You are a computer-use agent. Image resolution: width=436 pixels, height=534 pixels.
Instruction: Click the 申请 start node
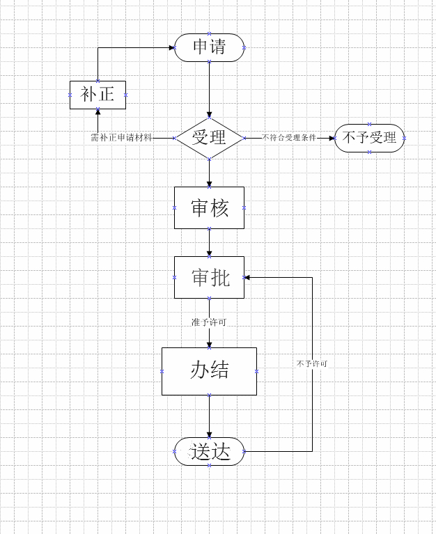pyautogui.click(x=209, y=47)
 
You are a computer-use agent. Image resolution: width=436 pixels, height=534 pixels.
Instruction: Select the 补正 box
pyautogui.click(x=98, y=95)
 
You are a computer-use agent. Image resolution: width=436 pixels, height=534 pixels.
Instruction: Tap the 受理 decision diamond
pyautogui.click(x=209, y=138)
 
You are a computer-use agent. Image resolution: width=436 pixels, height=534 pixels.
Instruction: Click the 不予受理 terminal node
pyautogui.click(x=370, y=138)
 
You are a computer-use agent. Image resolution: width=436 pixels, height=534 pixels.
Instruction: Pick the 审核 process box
pyautogui.click(x=209, y=207)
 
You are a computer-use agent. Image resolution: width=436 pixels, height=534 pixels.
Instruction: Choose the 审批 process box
pyautogui.click(x=209, y=278)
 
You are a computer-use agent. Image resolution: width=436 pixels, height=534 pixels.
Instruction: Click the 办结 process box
pyautogui.click(x=209, y=371)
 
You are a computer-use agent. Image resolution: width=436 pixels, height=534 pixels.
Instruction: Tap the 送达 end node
pyautogui.click(x=209, y=452)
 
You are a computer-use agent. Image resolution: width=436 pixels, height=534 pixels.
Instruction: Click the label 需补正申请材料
pyautogui.click(x=121, y=138)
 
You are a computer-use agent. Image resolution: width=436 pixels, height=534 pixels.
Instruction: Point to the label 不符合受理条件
pyautogui.click(x=289, y=138)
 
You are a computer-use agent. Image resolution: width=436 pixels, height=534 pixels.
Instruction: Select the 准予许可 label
pyautogui.click(x=209, y=322)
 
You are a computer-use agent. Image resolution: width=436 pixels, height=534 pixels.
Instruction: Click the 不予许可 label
pyautogui.click(x=312, y=363)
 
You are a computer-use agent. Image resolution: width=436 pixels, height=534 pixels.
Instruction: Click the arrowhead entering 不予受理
pyautogui.click(x=332, y=139)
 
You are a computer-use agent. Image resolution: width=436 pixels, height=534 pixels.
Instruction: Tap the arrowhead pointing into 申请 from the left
pyautogui.click(x=171, y=47)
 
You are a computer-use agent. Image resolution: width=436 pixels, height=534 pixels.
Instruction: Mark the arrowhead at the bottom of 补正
pyautogui.click(x=98, y=112)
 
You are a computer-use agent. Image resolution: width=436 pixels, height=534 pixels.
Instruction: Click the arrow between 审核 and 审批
pyautogui.click(x=209, y=242)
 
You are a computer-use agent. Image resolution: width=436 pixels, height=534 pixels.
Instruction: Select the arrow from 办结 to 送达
pyautogui.click(x=209, y=416)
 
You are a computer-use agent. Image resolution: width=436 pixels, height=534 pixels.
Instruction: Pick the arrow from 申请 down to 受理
pyautogui.click(x=209, y=90)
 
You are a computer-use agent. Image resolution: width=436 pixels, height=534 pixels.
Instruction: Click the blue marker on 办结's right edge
pyautogui.click(x=256, y=372)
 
